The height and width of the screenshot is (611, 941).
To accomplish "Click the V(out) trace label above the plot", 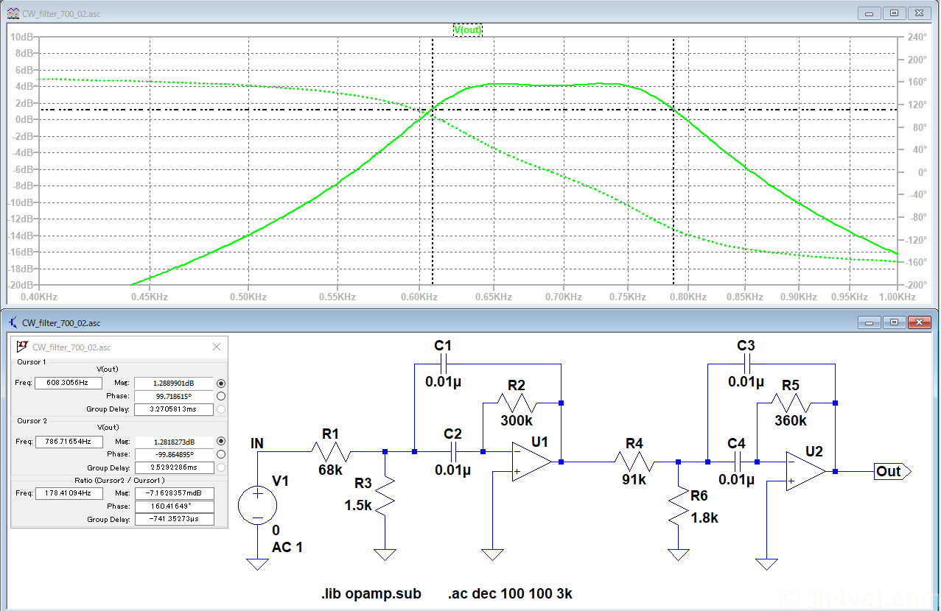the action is (468, 29).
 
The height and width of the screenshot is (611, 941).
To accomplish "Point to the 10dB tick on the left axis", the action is (21, 37).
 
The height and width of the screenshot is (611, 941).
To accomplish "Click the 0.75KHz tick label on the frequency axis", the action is (628, 297).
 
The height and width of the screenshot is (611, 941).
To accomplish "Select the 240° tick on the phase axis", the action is (917, 37).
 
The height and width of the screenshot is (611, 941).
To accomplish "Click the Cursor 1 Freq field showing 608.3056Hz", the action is (68, 383).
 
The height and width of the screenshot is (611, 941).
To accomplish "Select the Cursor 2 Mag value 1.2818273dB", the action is (174, 442).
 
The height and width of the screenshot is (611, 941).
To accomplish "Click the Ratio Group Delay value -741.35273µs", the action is (174, 519).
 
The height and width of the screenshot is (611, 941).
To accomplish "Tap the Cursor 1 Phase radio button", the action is (221, 396).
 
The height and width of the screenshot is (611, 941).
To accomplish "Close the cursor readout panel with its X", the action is (217, 347).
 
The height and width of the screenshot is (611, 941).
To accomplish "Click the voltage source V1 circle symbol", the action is (257, 505).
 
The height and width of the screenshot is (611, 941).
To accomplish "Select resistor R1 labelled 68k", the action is (331, 452).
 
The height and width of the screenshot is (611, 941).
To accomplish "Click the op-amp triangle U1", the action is (531, 462).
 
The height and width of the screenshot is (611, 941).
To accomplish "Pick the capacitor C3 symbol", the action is (746, 364).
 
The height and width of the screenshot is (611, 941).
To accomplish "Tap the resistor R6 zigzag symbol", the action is (679, 506).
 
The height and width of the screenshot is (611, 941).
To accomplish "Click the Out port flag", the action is (892, 471).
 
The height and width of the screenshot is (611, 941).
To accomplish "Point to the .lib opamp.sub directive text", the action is (371, 593).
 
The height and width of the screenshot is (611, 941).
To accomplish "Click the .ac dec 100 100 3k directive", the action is (510, 593).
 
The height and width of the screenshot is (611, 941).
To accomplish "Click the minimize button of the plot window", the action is (870, 13).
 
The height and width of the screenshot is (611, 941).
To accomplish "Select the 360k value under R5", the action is (790, 420).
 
